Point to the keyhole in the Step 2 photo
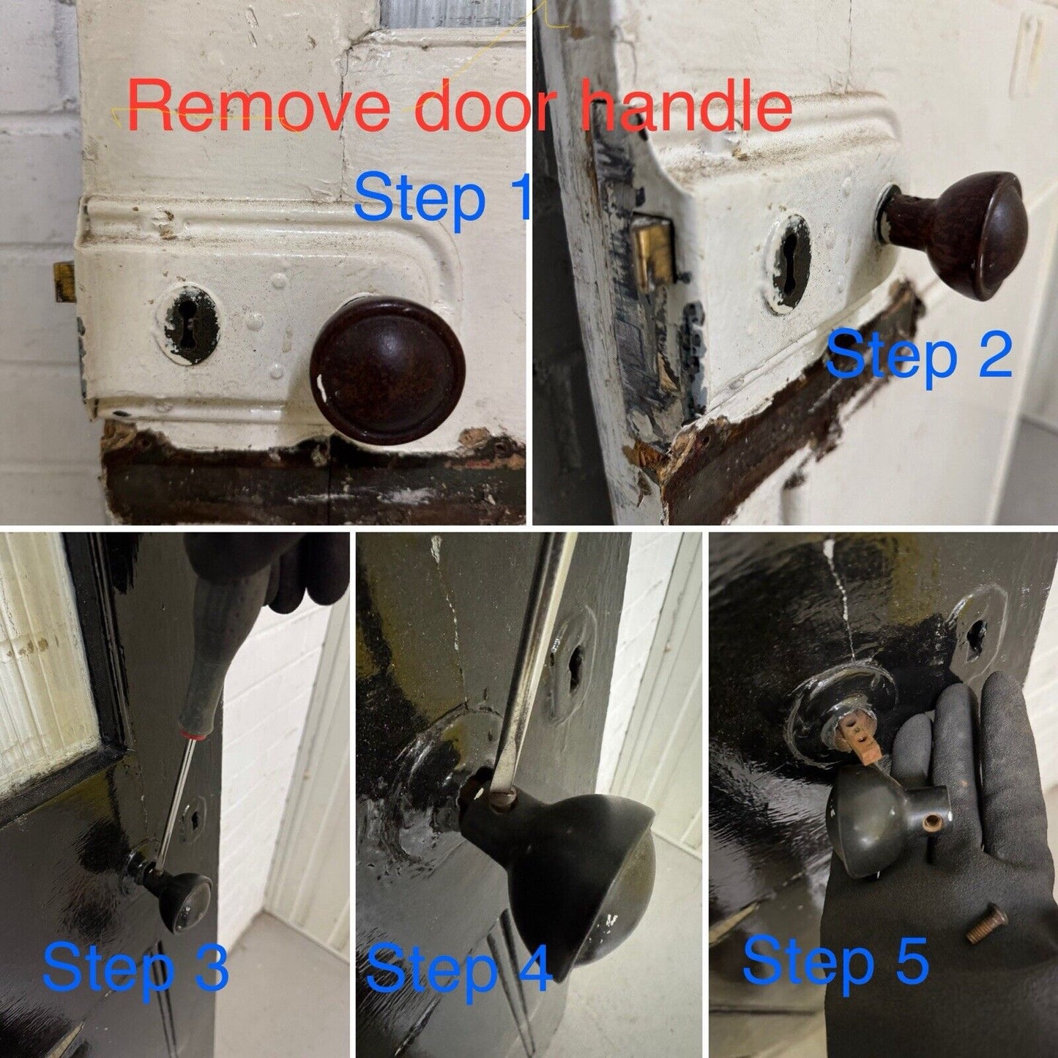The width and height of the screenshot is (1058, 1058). [789, 264]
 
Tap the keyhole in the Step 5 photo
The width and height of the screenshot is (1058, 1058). [977, 637]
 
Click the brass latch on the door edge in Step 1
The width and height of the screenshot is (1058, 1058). [64, 282]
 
